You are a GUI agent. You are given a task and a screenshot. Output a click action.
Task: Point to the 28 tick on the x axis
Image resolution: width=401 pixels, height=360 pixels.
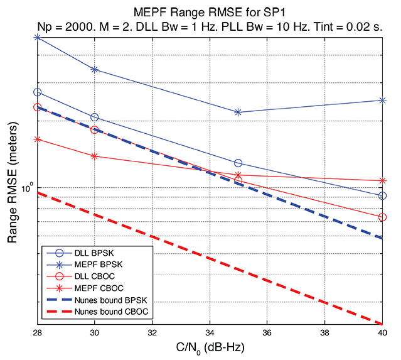pos(37,332)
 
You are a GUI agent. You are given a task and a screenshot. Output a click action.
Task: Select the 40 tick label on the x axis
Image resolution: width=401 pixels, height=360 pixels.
pos(382,332)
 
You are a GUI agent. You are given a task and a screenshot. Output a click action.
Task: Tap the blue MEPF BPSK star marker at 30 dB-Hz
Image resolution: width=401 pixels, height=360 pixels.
pos(95,69)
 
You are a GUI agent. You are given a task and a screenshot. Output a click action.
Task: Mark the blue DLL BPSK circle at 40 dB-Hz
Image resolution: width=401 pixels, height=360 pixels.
pos(383,196)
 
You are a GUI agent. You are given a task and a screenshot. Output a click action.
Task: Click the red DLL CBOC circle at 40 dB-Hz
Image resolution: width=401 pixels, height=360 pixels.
pos(383,217)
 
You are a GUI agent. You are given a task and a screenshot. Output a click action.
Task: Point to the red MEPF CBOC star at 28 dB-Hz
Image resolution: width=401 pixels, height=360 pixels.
pos(38,139)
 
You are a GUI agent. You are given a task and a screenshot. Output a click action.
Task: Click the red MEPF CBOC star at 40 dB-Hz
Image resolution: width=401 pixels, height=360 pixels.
pos(383,181)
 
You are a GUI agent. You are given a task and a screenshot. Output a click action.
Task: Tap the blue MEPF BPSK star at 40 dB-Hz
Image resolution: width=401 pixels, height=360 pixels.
pos(383,100)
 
